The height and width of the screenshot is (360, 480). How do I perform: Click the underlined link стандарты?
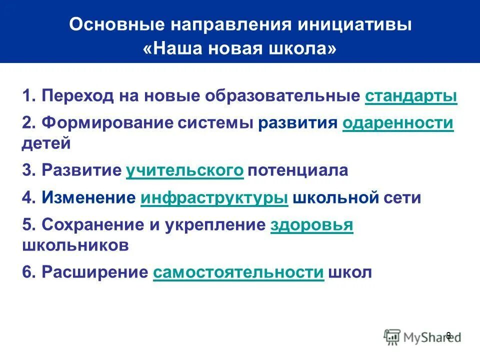[411, 96]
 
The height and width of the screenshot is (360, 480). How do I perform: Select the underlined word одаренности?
[398, 123]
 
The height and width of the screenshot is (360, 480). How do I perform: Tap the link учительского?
[185, 170]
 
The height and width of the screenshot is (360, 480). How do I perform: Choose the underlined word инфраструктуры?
[214, 197]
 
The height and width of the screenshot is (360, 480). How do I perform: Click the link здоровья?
[311, 225]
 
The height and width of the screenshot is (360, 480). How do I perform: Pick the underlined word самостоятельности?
[238, 272]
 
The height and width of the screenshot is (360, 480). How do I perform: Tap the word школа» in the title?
[306, 49]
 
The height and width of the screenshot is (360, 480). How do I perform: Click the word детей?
[46, 143]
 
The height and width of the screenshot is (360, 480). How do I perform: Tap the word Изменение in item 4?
[88, 197]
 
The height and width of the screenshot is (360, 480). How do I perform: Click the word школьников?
[75, 245]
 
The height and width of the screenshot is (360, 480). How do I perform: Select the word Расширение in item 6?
[94, 272]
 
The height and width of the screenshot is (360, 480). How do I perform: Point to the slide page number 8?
[448, 335]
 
